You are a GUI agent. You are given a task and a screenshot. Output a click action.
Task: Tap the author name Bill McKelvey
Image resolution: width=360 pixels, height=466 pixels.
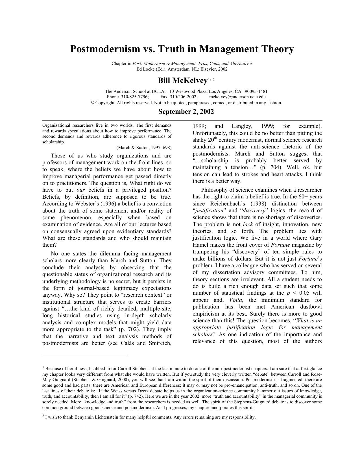[182, 81]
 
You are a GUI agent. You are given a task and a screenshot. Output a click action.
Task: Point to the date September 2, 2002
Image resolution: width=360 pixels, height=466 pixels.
[186, 112]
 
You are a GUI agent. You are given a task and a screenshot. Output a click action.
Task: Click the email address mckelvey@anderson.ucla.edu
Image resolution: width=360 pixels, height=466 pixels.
[237, 97]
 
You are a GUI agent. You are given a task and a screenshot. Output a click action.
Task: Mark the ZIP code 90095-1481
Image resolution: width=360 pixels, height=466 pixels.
[256, 91]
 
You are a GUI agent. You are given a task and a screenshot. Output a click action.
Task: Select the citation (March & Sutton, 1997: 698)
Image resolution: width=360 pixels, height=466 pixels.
[144, 148]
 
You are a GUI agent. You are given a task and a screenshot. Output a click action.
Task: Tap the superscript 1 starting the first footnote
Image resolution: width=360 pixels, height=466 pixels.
[43, 367]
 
